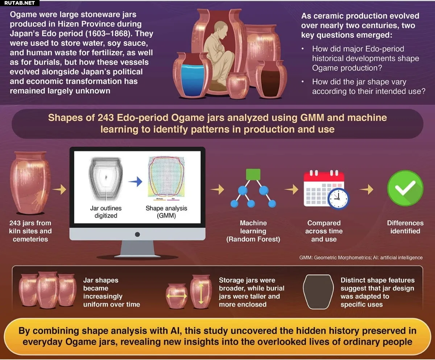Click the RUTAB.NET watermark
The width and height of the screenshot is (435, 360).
click(x=19, y=3)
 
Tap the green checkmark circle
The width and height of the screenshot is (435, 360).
click(x=405, y=188)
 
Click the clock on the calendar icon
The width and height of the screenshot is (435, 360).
click(x=338, y=198)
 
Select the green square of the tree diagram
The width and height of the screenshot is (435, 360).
click(x=253, y=174)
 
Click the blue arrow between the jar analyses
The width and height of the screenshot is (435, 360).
click(x=136, y=181)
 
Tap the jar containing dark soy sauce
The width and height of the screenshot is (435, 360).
click(x=271, y=79)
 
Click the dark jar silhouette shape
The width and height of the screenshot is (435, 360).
click(x=318, y=292)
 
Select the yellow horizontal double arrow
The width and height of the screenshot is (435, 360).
click(x=177, y=296)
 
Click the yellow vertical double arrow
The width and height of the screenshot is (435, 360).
click(x=201, y=294)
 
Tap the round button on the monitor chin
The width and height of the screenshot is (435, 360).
click(x=137, y=234)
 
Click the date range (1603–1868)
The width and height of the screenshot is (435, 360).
click(x=108, y=34)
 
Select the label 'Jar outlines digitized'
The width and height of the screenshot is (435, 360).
click(x=105, y=212)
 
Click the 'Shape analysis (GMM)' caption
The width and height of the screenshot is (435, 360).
click(x=166, y=212)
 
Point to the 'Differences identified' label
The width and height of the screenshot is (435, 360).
click(x=405, y=227)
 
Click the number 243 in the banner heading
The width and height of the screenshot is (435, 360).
click(x=105, y=117)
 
